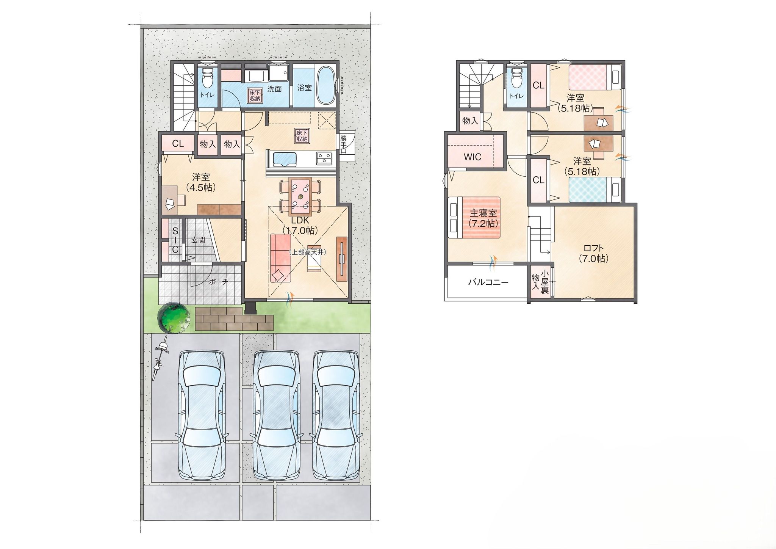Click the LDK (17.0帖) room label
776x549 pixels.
click(x=300, y=225)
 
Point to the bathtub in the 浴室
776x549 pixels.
click(x=325, y=86)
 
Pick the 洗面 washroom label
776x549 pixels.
click(x=274, y=89)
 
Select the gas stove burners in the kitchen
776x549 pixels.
click(x=324, y=158)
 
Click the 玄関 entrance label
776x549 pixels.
click(x=198, y=240)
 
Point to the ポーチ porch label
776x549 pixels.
click(x=219, y=282)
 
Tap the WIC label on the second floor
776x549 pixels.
click(x=472, y=157)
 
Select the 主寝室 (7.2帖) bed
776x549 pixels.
click(x=474, y=217)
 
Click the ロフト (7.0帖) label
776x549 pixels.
click(x=593, y=253)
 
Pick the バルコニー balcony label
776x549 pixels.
click(x=488, y=282)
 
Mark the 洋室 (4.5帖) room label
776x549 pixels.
click(x=201, y=182)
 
